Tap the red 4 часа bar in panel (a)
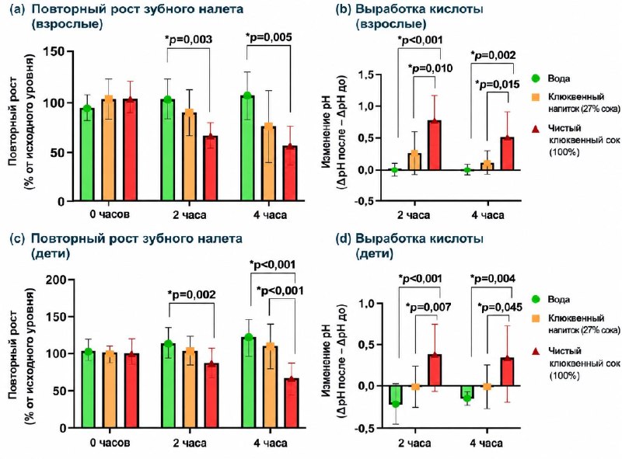(290, 174)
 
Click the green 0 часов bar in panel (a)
(87, 155)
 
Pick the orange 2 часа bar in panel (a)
(189, 157)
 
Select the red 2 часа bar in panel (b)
(435, 145)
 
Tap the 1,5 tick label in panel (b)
(367, 74)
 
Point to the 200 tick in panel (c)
(57, 280)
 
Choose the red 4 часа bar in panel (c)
(291, 404)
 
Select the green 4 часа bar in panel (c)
(249, 383)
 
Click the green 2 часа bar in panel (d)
(396, 395)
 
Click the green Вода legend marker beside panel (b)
(536, 78)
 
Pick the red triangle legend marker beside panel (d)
(536, 351)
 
